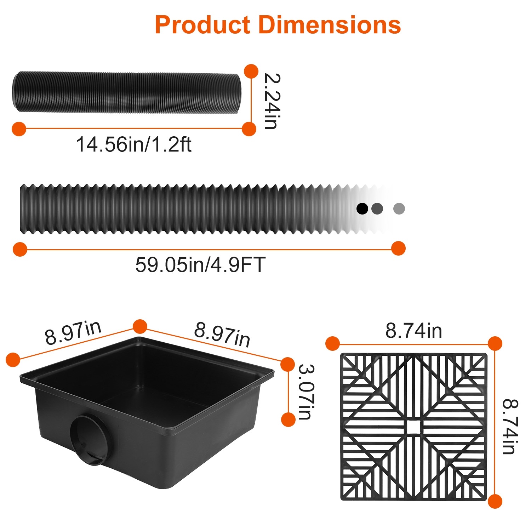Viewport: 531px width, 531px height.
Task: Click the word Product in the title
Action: pyautogui.click(x=202, y=25)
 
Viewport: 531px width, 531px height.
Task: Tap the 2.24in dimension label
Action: pyautogui.click(x=272, y=101)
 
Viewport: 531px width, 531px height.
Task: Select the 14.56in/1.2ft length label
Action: pyautogui.click(x=134, y=144)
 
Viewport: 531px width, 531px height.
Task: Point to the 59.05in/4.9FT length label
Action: pyautogui.click(x=200, y=264)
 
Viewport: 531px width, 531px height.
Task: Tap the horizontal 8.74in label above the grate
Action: pyautogui.click(x=413, y=331)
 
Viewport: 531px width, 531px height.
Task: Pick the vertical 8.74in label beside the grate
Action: pyautogui.click(x=511, y=427)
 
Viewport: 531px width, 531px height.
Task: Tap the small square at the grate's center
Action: pyautogui.click(x=414, y=427)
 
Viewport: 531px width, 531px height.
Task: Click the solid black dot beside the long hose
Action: pyautogui.click(x=362, y=209)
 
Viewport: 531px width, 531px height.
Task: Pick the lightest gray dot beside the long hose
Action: pyautogui.click(x=399, y=209)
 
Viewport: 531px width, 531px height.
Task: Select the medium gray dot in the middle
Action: pyautogui.click(x=377, y=209)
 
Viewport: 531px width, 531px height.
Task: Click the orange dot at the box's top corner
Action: pyautogui.click(x=140, y=326)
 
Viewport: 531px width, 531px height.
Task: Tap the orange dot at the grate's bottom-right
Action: pyautogui.click(x=495, y=501)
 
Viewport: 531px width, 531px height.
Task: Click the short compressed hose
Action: pyautogui.click(x=126, y=92)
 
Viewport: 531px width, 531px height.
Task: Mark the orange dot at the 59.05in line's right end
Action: pyautogui.click(x=399, y=249)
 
